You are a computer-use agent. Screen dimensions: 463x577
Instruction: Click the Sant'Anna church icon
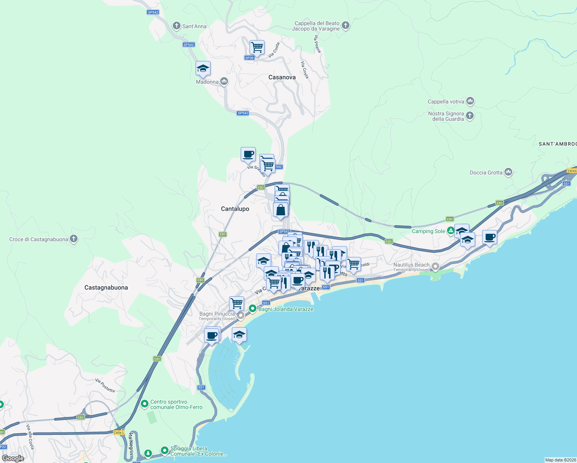tap(176, 26)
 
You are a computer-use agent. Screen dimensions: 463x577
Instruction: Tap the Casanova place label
tap(282, 77)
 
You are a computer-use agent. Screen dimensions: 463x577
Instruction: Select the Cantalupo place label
tap(235, 209)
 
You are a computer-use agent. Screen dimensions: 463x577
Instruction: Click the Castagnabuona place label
tap(106, 287)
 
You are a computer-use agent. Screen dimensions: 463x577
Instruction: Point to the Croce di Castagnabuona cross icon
tap(74, 239)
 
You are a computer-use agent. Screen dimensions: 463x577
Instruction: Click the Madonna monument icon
tap(224, 81)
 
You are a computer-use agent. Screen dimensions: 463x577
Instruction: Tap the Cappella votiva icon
tap(470, 101)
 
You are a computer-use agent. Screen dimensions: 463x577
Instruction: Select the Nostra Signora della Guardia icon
tap(470, 115)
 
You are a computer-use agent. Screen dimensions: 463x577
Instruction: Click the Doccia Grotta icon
tap(508, 172)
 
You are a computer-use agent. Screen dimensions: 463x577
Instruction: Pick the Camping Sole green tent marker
tap(450, 231)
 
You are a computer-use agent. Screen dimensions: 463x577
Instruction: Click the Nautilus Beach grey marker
tap(435, 266)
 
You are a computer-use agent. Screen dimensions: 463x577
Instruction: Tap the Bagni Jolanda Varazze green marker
tap(253, 309)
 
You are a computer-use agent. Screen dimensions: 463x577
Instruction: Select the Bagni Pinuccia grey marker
tap(241, 316)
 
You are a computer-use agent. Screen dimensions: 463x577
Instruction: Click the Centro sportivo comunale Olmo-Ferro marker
tap(145, 404)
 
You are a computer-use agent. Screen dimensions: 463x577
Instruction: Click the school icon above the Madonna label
tap(203, 69)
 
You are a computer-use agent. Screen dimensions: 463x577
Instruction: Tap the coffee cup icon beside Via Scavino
tap(248, 154)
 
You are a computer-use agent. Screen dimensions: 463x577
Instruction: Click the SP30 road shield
tap(249, 58)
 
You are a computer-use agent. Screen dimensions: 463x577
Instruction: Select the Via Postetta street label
tap(105, 385)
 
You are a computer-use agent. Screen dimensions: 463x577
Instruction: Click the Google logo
tap(13, 458)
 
